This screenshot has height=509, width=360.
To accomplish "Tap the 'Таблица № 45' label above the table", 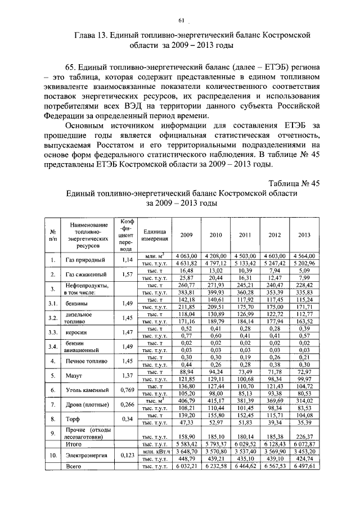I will coord(294,183).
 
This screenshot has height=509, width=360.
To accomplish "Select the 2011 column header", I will coord(245,235).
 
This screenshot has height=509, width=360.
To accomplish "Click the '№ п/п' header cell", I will coord(53,235).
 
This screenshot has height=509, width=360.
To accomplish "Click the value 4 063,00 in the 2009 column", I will coord(184,256).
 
